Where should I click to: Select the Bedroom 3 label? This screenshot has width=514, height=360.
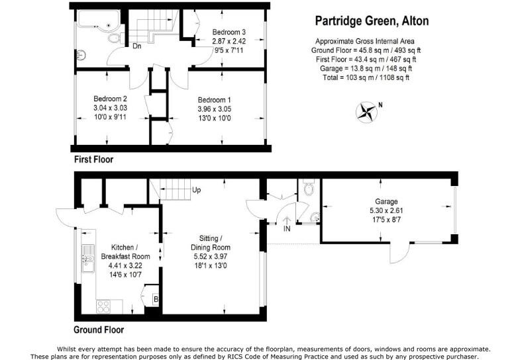coord(229,32)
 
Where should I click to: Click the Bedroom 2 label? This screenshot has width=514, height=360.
coord(110,99)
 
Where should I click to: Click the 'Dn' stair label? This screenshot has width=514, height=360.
coord(136,46)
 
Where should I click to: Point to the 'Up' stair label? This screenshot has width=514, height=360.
coord(197,191)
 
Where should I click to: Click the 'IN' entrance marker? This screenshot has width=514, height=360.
coord(287,229)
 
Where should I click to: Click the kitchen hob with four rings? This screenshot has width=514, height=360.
coord(104,305)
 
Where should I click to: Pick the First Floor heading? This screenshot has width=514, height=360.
coord(93,159)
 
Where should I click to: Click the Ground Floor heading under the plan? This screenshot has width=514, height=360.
coord(99,330)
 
